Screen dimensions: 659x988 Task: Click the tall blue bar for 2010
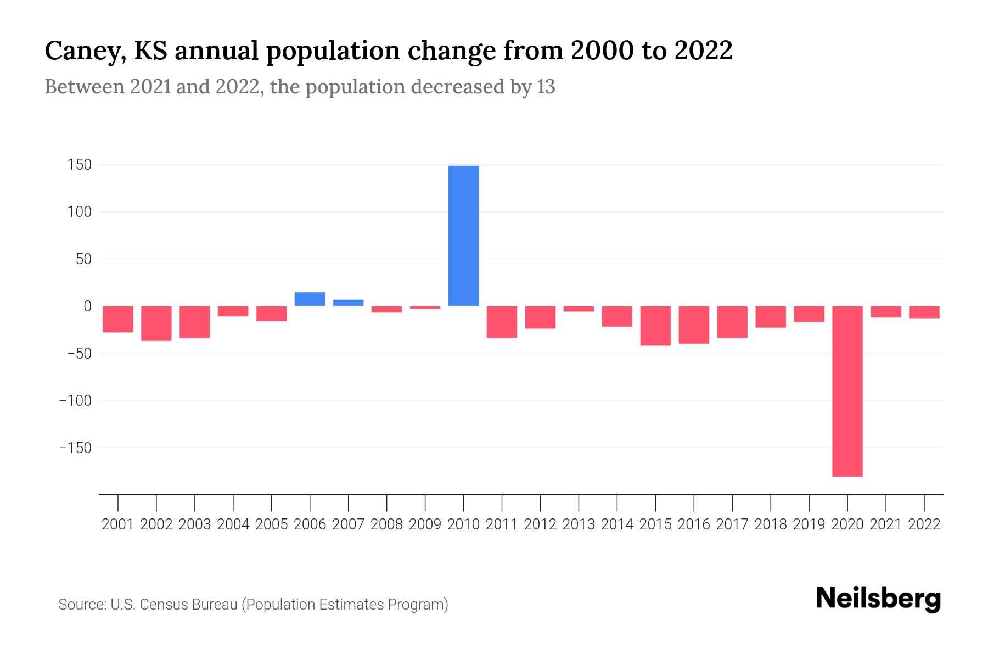click(463, 236)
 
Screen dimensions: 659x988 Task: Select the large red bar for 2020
click(847, 391)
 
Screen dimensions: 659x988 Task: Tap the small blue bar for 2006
click(310, 299)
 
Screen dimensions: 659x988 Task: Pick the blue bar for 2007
click(349, 303)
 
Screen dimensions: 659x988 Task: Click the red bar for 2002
click(156, 323)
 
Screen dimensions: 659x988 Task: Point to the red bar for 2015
click(655, 326)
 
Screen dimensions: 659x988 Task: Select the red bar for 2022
click(924, 312)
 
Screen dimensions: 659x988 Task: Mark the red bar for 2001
click(118, 319)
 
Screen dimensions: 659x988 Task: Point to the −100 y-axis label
click(76, 401)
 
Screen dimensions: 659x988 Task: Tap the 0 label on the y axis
click(87, 306)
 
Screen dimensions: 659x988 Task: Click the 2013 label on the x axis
click(579, 524)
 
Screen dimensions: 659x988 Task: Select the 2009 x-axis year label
click(425, 524)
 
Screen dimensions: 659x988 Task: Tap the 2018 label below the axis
click(771, 524)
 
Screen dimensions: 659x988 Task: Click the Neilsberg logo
click(878, 599)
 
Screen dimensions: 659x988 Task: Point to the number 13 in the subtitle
click(546, 87)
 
